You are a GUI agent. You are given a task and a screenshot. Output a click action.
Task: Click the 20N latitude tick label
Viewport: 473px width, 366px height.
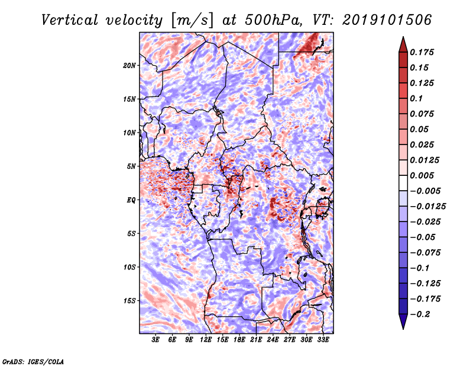pyautogui.click(x=129, y=66)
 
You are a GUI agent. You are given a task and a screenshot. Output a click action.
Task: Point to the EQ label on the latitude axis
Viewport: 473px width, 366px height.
pyautogui.click(x=131, y=200)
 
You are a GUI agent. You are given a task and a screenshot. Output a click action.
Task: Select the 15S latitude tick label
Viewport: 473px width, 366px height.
pyautogui.click(x=129, y=301)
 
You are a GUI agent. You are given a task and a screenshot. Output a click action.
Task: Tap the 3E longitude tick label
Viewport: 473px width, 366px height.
pyautogui.click(x=155, y=340)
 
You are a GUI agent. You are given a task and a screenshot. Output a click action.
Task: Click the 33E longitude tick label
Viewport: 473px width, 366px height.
pyautogui.click(x=323, y=340)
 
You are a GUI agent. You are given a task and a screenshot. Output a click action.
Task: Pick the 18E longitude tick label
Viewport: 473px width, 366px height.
pyautogui.click(x=239, y=340)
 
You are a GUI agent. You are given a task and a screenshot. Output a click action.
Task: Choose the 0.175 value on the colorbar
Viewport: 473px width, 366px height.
pyautogui.click(x=422, y=52)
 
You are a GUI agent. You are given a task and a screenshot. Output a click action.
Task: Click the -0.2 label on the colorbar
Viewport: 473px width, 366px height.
pyautogui.click(x=420, y=314)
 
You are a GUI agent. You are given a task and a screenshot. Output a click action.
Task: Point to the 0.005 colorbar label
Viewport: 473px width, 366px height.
pyautogui.click(x=422, y=175)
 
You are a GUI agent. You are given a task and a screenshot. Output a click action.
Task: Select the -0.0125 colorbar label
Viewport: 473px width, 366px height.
pyautogui.click(x=427, y=207)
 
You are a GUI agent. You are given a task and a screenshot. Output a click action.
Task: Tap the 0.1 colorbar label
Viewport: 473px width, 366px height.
pyautogui.click(x=416, y=98)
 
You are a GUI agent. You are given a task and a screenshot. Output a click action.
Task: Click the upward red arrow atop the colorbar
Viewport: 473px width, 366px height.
pyautogui.click(x=403, y=44)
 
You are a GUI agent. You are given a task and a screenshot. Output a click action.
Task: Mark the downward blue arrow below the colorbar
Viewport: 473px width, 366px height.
pyautogui.click(x=403, y=322)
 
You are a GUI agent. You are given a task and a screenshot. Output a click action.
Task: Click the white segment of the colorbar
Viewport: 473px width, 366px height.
pyautogui.click(x=403, y=183)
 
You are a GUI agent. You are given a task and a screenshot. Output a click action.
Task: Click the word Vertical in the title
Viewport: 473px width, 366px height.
pyautogui.click(x=70, y=20)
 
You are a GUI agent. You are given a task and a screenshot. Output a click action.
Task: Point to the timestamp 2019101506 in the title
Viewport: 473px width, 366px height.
pyautogui.click(x=387, y=20)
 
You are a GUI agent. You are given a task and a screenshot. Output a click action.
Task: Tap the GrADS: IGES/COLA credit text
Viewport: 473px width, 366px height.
pyautogui.click(x=33, y=361)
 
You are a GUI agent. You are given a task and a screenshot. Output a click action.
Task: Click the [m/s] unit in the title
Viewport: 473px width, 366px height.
pyautogui.click(x=192, y=21)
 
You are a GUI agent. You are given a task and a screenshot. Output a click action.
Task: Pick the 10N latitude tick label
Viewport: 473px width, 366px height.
pyautogui.click(x=129, y=133)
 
